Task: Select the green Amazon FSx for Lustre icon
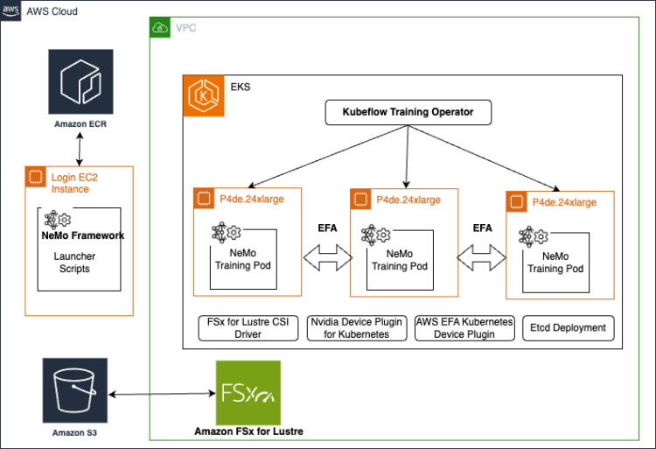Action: pos(248,392)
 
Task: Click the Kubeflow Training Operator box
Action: pos(408,113)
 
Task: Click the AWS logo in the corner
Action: pos(11,11)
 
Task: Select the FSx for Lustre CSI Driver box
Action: pos(248,328)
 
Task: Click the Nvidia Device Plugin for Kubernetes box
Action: pos(356,328)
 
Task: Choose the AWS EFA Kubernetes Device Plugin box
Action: pos(464,328)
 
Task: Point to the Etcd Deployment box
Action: pos(569,328)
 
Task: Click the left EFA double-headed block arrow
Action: pos(325,258)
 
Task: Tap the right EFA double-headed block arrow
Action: pos(482,258)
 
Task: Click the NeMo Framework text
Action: pos(82,235)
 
